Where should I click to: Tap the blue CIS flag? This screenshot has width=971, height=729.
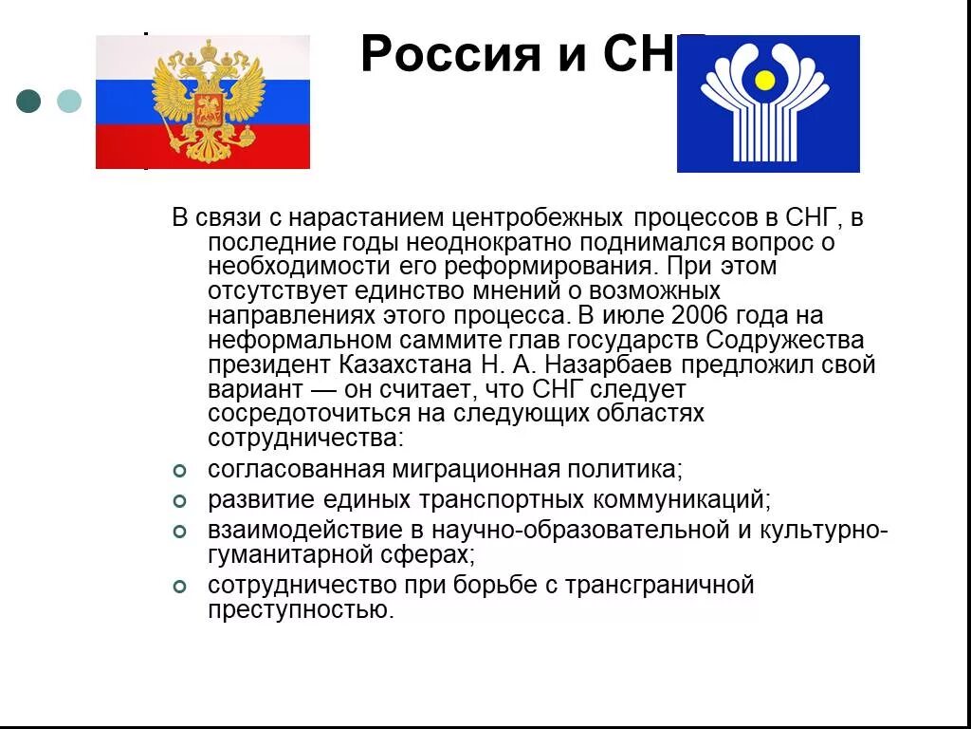pyautogui.click(x=768, y=103)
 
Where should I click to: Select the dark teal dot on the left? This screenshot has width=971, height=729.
pyautogui.click(x=29, y=102)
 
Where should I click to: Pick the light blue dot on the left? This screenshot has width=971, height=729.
pyautogui.click(x=69, y=102)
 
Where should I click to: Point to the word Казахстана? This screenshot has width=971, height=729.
pyautogui.click(x=393, y=364)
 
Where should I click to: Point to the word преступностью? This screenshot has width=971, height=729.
pyautogui.click(x=301, y=610)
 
